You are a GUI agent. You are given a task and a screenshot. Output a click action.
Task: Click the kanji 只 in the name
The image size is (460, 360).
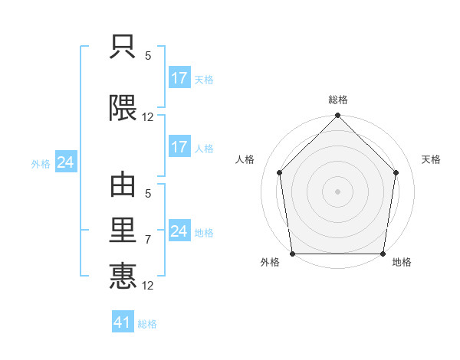click(x=123, y=47)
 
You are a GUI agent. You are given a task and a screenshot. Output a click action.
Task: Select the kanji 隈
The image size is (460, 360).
click(x=123, y=108)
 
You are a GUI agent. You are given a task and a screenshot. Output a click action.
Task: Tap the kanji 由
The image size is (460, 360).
click(x=123, y=185)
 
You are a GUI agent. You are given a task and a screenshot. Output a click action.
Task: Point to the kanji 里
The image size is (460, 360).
click(x=123, y=230)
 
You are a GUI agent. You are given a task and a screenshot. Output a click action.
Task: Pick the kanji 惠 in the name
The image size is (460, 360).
click(x=123, y=276)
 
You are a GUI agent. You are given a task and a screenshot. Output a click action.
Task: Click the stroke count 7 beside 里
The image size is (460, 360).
click(x=148, y=240)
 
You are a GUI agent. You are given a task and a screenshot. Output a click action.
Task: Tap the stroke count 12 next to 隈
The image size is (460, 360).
click(x=147, y=117)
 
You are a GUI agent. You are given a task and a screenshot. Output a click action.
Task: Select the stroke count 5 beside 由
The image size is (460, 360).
click(x=148, y=194)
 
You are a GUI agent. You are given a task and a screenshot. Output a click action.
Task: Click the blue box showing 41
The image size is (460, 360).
click(x=123, y=321)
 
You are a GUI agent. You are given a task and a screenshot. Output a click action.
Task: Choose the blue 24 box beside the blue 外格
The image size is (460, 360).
click(x=66, y=162)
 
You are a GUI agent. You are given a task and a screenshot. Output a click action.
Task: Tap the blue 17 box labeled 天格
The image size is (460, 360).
click(x=180, y=77)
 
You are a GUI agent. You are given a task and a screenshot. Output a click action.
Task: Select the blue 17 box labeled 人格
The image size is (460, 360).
click(x=180, y=146)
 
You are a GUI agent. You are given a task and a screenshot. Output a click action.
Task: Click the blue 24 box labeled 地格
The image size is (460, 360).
click(x=180, y=230)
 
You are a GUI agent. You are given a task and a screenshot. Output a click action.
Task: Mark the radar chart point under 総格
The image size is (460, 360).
click(x=337, y=115)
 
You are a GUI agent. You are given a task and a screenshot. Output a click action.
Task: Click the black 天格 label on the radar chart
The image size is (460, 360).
click(x=431, y=159)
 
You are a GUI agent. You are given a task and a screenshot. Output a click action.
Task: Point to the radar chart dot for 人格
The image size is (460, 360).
click(x=280, y=172)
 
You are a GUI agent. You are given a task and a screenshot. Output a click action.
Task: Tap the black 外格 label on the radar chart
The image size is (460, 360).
click(x=270, y=262)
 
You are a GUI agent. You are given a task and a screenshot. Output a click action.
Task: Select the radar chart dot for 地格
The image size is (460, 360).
click(x=383, y=254)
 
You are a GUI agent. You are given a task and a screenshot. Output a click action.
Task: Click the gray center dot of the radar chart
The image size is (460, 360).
click(x=337, y=191)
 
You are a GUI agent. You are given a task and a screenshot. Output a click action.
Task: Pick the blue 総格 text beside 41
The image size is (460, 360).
click(x=147, y=324)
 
